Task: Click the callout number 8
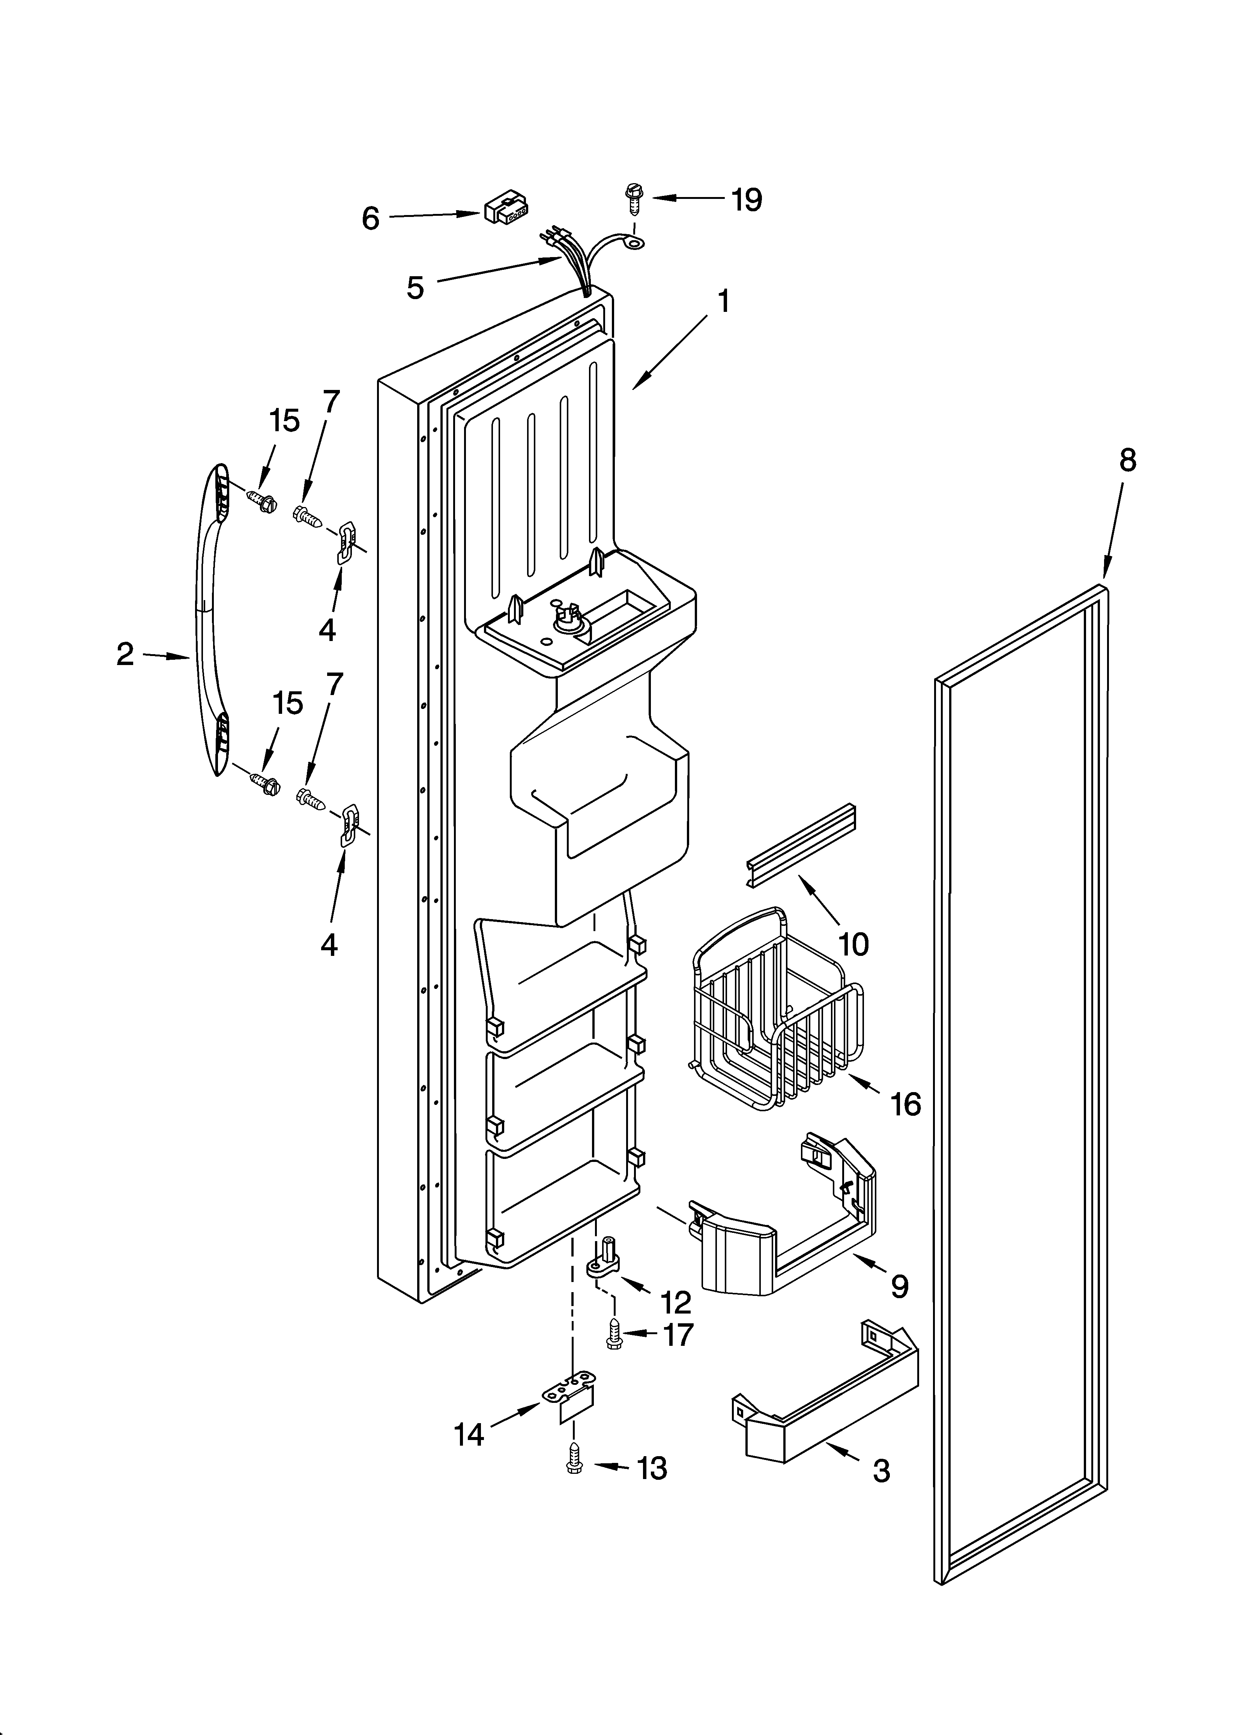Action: (x=1127, y=460)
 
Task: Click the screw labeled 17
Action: (x=613, y=1335)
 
